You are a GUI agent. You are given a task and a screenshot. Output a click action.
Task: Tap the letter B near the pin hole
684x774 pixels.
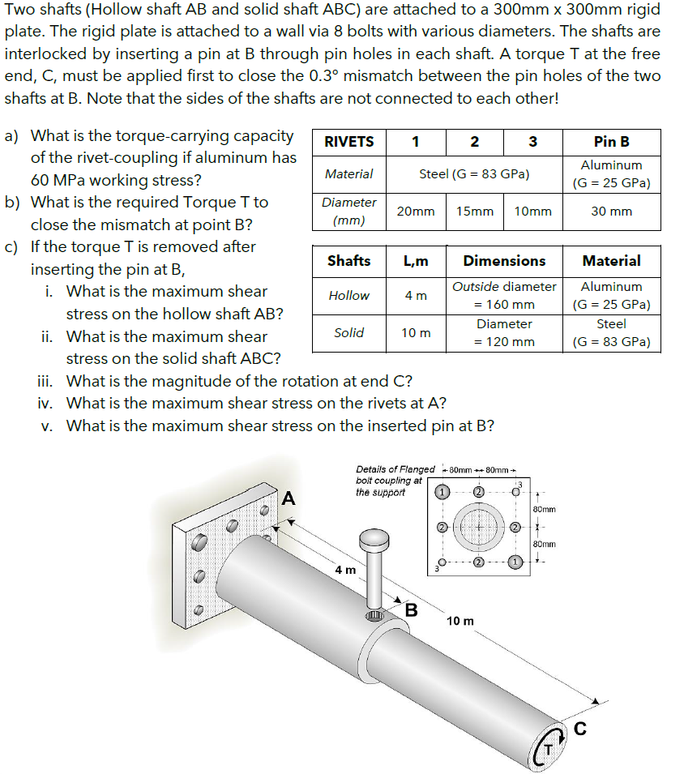(x=411, y=609)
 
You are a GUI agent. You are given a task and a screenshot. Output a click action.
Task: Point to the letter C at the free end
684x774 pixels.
(x=579, y=729)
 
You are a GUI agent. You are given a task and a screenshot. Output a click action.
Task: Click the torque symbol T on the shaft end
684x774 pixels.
(x=549, y=750)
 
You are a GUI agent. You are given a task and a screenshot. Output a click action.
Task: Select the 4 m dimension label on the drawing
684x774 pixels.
(x=346, y=570)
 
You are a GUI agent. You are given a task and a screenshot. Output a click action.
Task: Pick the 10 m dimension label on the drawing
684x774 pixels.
(x=460, y=621)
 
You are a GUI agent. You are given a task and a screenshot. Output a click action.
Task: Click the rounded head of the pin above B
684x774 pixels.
(x=374, y=537)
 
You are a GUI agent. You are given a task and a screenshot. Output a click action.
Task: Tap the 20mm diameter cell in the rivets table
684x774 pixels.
(x=415, y=211)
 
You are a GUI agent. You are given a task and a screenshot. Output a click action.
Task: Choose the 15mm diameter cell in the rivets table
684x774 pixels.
(x=474, y=211)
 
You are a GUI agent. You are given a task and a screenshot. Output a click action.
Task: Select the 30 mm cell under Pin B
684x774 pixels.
(x=611, y=211)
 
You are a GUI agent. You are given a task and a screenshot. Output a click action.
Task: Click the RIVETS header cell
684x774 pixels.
(x=348, y=142)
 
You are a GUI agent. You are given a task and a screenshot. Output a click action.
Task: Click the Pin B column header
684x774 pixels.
(x=611, y=142)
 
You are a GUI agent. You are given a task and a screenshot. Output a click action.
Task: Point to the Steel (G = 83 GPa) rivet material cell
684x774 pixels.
(x=473, y=173)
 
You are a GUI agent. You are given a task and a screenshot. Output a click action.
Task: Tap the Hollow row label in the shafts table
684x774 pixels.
(x=348, y=296)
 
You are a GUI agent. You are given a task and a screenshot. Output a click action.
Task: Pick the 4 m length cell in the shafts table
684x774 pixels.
(x=416, y=296)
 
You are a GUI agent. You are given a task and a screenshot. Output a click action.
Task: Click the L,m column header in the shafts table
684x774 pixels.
(x=416, y=261)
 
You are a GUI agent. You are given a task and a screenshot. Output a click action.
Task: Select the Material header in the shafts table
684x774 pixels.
(x=611, y=261)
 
